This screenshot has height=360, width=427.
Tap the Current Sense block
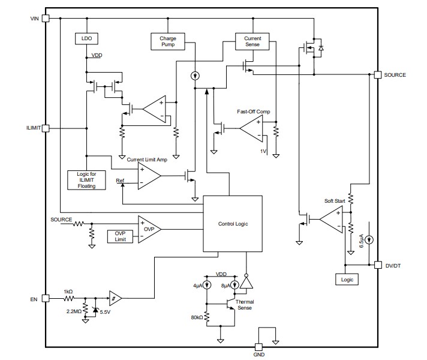252,41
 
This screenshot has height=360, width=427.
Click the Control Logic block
233,224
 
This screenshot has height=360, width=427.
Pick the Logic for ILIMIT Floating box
87,179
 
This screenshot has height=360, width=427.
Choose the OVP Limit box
121,236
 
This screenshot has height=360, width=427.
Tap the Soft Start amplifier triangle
330,220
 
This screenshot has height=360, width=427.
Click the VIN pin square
46,19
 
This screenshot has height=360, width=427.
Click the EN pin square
46,298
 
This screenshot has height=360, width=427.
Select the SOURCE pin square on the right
377,75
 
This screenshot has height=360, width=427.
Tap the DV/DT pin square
377,265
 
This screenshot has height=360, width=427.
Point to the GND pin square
259,347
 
